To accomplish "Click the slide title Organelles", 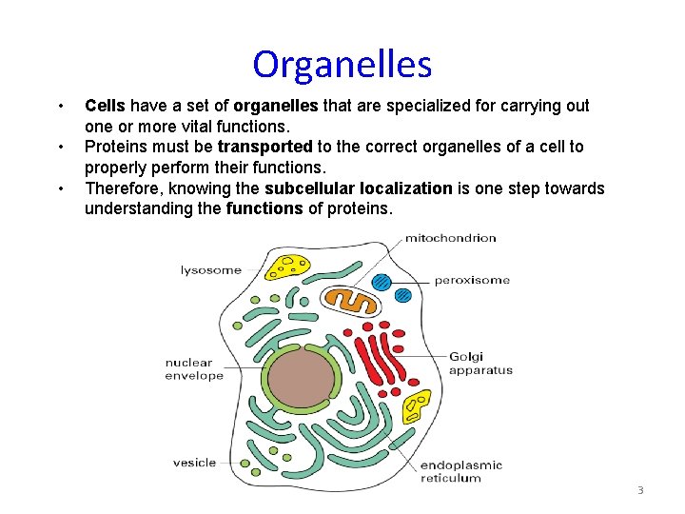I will pyautogui.click(x=342, y=65).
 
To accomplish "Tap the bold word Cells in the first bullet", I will pyautogui.click(x=106, y=106).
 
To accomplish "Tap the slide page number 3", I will pyautogui.click(x=640, y=490).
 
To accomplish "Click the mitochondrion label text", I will pyautogui.click(x=451, y=238).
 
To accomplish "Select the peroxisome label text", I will pyautogui.click(x=472, y=280).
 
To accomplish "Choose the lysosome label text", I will pyautogui.click(x=211, y=270).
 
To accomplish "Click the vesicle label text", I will pyautogui.click(x=194, y=464).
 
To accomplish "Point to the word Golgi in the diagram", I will pyautogui.click(x=467, y=357).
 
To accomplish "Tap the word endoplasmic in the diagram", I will pyautogui.click(x=461, y=465).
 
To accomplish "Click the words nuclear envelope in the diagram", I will pyautogui.click(x=194, y=368).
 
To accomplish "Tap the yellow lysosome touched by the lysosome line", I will pyautogui.click(x=286, y=267).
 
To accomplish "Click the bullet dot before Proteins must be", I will pyautogui.click(x=60, y=147).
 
